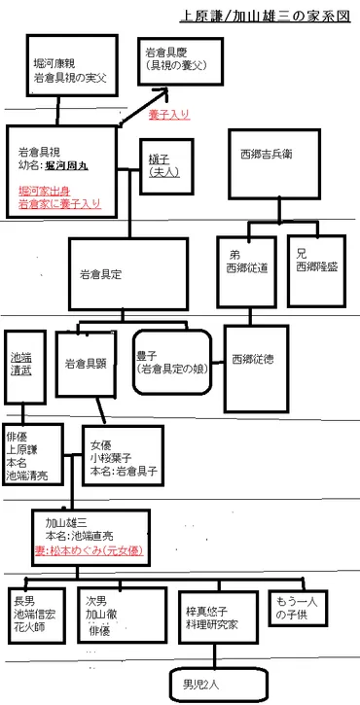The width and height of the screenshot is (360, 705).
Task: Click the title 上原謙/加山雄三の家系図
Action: [x=266, y=17]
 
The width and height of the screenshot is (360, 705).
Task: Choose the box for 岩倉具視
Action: [x=66, y=171]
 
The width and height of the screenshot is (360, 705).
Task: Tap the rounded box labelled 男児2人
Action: [x=203, y=683]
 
